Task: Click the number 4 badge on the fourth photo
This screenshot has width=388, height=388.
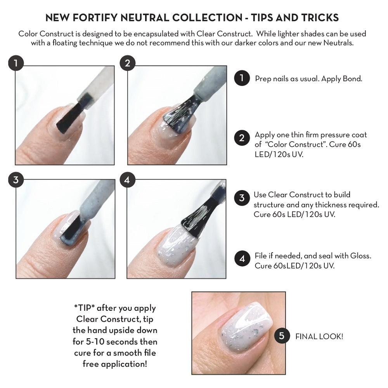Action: (128, 180)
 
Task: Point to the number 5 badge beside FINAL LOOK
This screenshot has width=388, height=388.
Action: (282, 336)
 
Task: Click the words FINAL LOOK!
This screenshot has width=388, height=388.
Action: (319, 336)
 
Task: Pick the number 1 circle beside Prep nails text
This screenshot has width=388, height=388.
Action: (242, 78)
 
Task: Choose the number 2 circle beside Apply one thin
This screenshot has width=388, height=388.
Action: (242, 138)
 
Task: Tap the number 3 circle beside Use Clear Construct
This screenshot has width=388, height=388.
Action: (242, 198)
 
